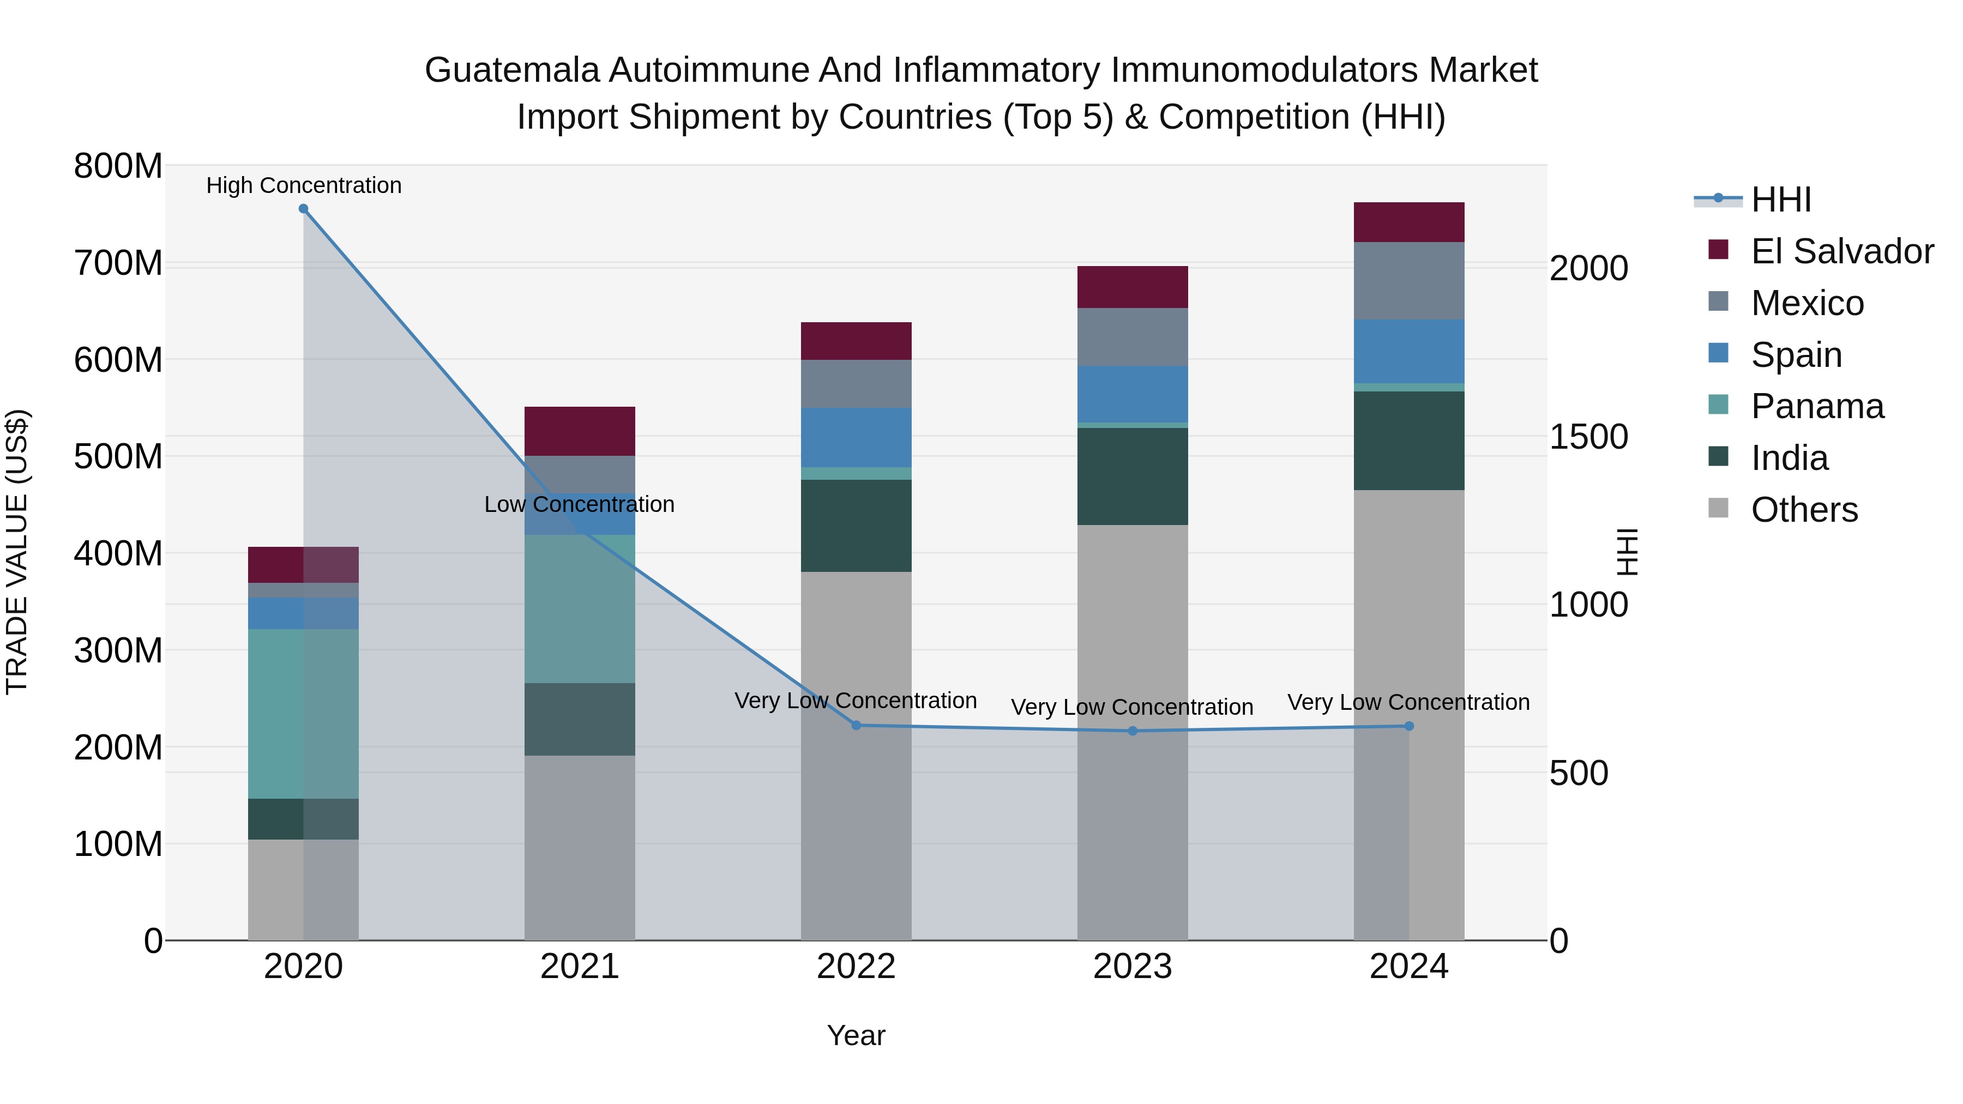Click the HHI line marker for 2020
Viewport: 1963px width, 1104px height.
(x=303, y=209)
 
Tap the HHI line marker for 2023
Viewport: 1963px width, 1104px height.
(x=1133, y=731)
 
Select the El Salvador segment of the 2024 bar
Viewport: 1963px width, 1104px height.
(x=1408, y=222)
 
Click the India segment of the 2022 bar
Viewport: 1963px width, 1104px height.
(x=856, y=526)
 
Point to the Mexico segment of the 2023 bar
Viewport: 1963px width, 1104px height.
(x=1133, y=337)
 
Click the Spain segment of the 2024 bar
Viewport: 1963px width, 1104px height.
(x=1408, y=351)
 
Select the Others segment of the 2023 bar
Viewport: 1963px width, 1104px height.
(x=1133, y=732)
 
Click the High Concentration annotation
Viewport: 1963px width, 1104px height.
(x=303, y=185)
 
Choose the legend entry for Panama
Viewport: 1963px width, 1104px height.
(x=1817, y=406)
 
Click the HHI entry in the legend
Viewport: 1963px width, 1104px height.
(x=1780, y=200)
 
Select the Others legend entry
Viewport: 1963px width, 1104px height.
(x=1804, y=510)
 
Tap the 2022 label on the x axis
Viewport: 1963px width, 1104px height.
(x=856, y=967)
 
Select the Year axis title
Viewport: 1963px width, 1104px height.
(x=856, y=1035)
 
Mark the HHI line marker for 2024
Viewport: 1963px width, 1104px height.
(x=1408, y=726)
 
